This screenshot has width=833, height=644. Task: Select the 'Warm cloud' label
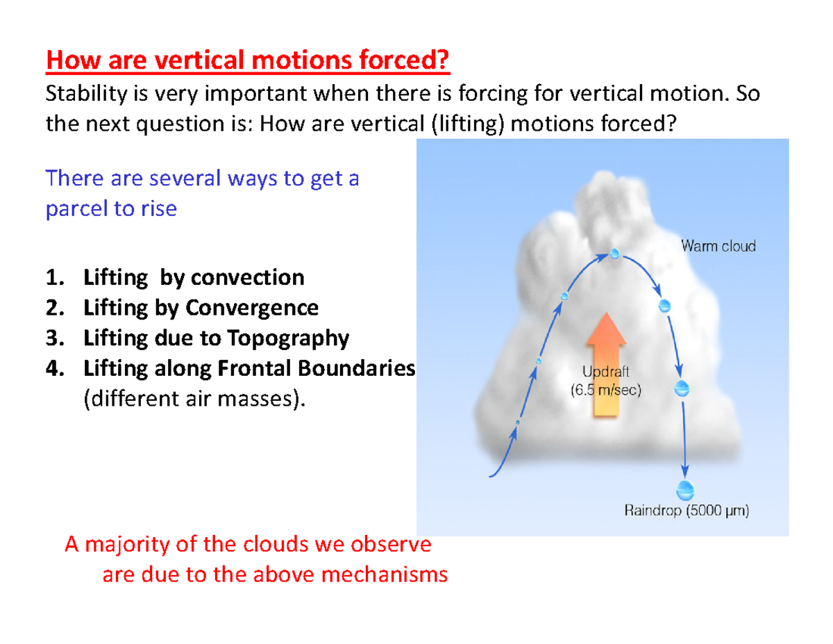717,245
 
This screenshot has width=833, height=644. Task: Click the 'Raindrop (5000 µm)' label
687,513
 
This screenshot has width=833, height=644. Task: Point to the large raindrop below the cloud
685,489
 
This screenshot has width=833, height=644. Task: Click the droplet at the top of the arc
614,254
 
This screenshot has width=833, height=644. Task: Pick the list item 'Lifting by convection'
193,278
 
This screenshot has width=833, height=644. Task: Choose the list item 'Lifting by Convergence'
201,308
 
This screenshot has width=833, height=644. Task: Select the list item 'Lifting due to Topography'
215,338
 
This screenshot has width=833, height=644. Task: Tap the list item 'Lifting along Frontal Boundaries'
249,368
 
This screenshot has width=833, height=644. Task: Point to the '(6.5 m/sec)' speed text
607,390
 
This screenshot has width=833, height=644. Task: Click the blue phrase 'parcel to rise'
111,208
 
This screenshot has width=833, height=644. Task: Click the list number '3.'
53,338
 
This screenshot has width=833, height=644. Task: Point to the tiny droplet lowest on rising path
517,422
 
